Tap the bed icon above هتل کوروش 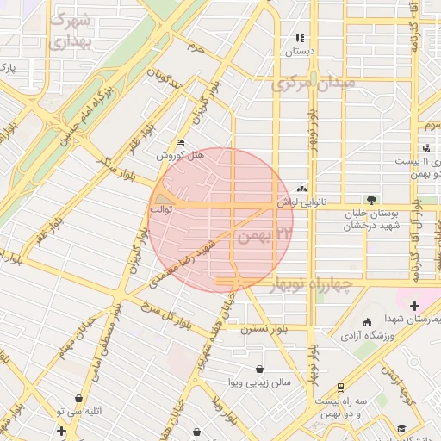click(x=179, y=143)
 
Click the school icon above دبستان click(x=300, y=38)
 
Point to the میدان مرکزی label click(x=313, y=85)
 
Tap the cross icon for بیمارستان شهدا click(x=414, y=306)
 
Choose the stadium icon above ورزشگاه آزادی click(x=368, y=321)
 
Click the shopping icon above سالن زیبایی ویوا click(x=259, y=369)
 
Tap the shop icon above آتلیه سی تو click(x=79, y=399)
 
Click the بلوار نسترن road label click(x=264, y=329)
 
